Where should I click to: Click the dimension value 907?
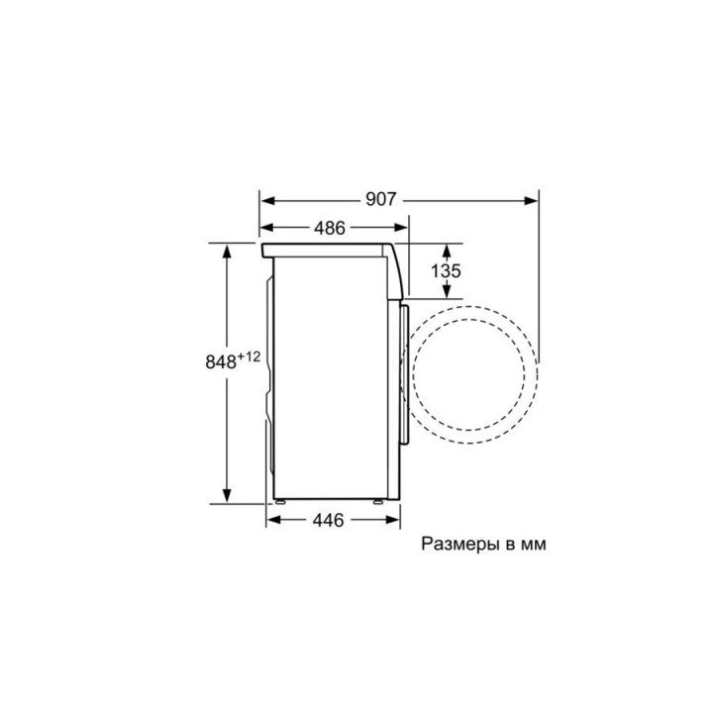click(x=381, y=199)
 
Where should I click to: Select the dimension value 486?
click(x=330, y=228)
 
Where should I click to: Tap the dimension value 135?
click(x=446, y=271)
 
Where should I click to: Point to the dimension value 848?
click(x=221, y=362)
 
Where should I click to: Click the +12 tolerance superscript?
click(x=249, y=356)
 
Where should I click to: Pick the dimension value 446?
click(x=329, y=520)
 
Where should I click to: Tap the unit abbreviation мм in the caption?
click(x=534, y=545)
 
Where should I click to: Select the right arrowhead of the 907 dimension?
click(x=530, y=200)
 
